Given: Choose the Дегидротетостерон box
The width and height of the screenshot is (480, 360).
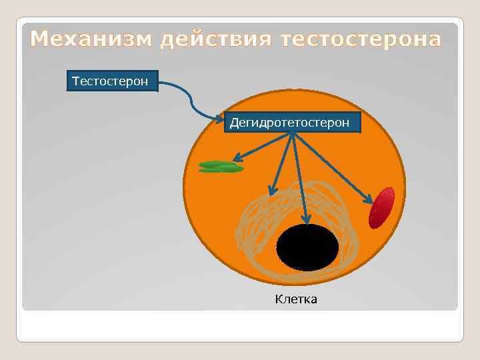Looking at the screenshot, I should (291, 123).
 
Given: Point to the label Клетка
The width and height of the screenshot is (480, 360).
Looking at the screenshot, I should (296, 299).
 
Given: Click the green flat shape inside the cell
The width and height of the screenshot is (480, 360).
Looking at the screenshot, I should (221, 167).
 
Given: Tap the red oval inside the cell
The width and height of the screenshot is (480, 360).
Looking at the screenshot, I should (382, 207).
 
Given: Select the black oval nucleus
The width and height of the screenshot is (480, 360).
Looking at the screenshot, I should (307, 247).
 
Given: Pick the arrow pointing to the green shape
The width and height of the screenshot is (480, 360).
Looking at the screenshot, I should (260, 149).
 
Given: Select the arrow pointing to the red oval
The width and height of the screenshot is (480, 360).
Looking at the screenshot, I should (333, 168).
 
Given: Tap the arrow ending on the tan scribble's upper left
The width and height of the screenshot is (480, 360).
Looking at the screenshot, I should (281, 163).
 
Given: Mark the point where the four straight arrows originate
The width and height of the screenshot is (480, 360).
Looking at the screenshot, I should (292, 133).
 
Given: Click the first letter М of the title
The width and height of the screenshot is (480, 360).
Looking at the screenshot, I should (40, 41).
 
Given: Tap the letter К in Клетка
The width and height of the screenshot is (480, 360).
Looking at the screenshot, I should (279, 299).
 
